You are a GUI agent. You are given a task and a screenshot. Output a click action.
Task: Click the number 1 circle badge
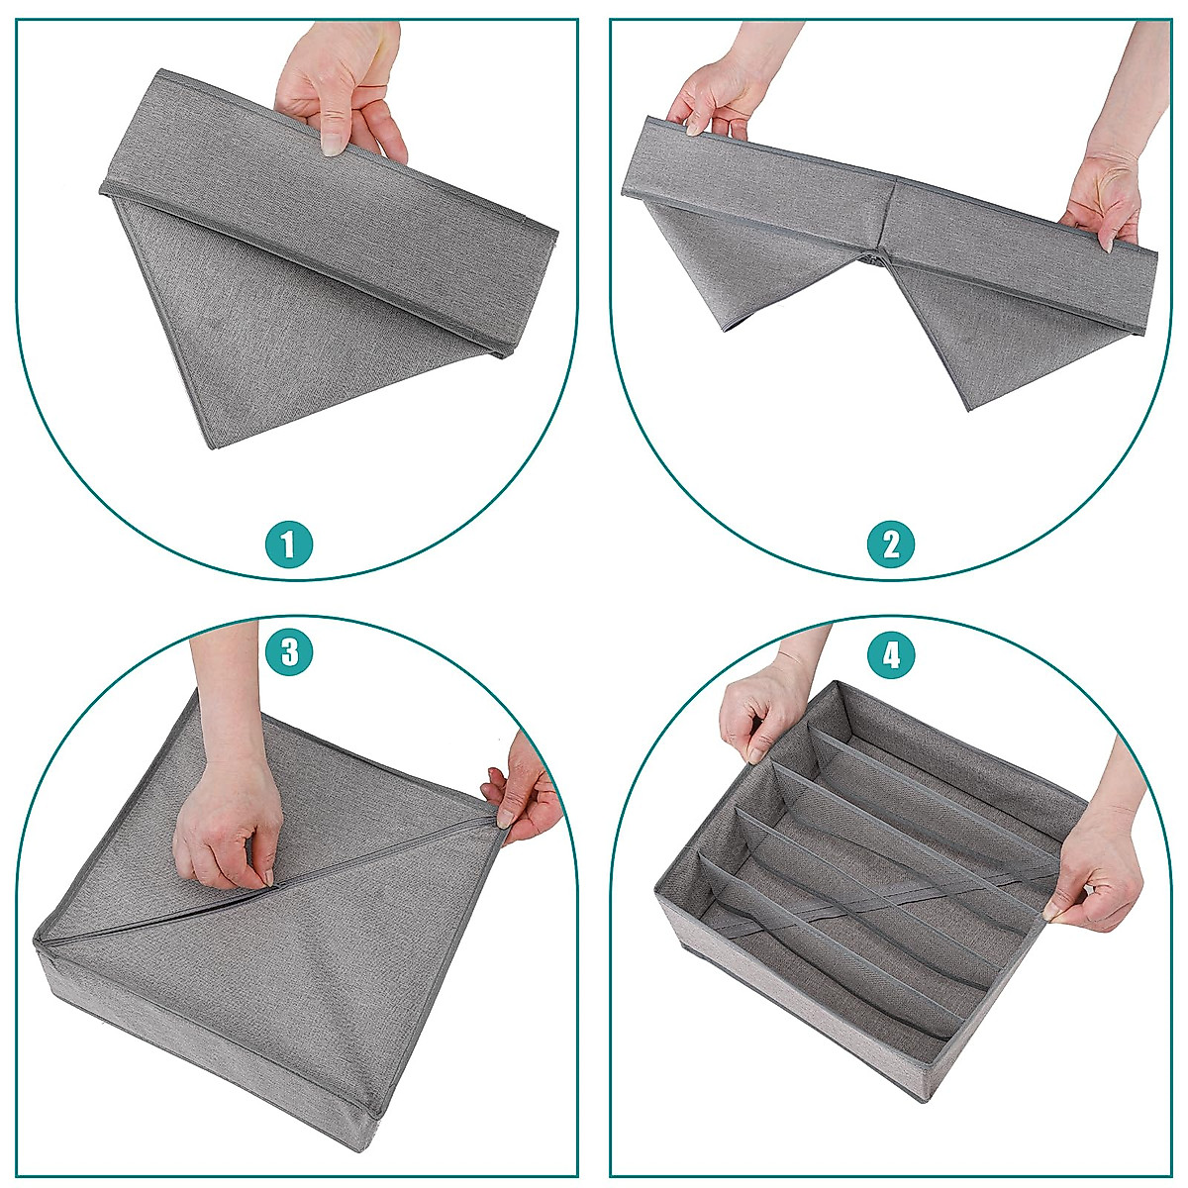(x=288, y=544)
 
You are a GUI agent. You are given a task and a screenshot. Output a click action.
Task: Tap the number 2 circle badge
(x=891, y=544)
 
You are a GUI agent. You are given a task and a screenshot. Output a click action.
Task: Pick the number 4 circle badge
(x=891, y=654)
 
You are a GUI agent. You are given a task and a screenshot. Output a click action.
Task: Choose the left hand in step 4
(x=757, y=713)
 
